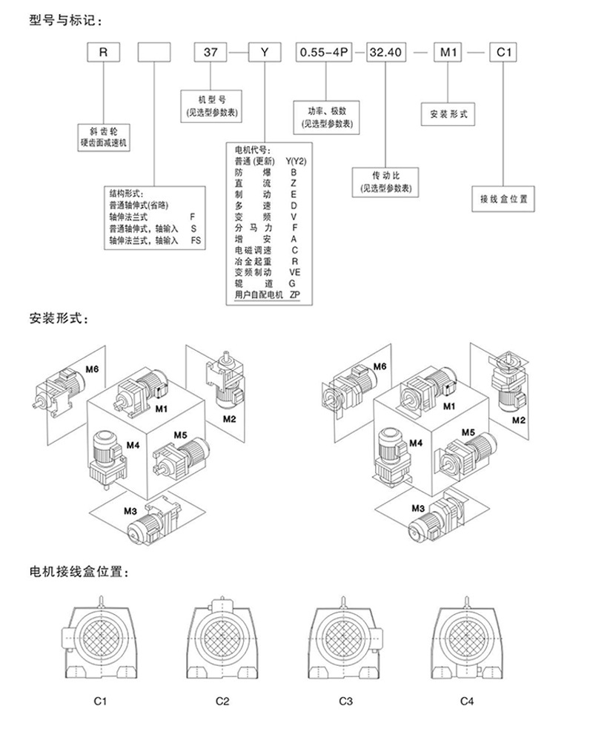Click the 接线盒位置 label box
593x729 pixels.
tap(504, 198)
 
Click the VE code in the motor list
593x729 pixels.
tap(294, 272)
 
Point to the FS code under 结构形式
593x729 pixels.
tap(195, 241)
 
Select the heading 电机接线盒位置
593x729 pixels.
tap(78, 573)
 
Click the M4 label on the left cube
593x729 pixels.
tap(133, 446)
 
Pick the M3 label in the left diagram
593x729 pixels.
tap(130, 512)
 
